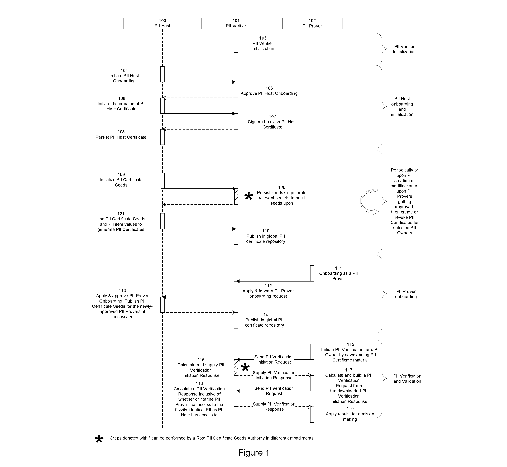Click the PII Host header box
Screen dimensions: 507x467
click(162, 23)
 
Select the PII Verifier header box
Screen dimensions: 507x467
click(236, 23)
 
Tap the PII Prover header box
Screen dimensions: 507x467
click(312, 23)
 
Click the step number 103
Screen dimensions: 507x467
click(263, 38)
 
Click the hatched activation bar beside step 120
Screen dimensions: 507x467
click(236, 196)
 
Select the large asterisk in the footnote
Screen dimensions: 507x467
click(99, 440)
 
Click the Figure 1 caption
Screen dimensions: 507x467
click(254, 453)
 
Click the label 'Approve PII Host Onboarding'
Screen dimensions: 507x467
click(269, 93)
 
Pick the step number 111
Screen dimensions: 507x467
click(338, 268)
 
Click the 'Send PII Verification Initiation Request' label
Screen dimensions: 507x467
click(274, 360)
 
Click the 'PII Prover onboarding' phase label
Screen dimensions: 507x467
click(406, 294)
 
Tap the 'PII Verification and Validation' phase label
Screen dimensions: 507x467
click(407, 379)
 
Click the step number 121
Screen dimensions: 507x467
click(121, 214)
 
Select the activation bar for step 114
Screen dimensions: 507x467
click(236, 320)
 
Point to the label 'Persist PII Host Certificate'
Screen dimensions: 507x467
click(121, 137)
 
